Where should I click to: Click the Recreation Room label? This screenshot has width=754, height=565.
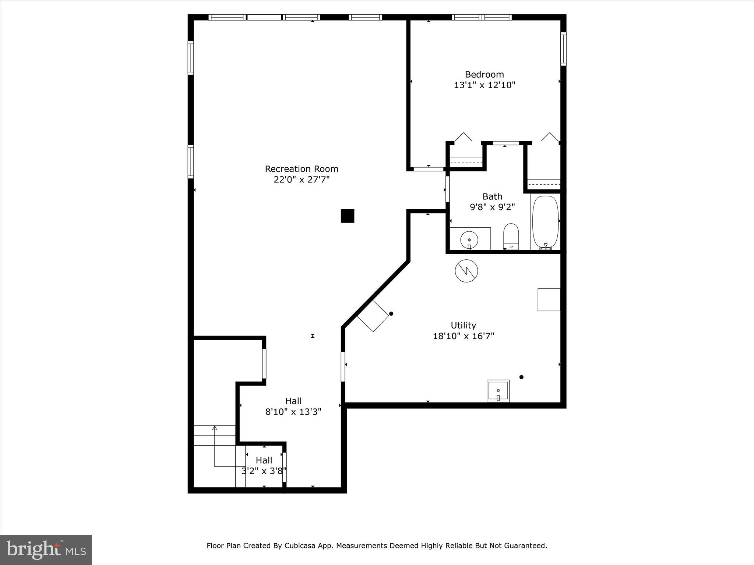pos(301,169)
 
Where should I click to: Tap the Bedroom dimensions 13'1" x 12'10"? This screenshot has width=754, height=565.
pos(484,85)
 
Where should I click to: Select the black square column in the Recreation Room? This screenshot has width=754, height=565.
pos(347,216)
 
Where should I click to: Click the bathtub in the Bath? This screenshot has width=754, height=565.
pos(545,222)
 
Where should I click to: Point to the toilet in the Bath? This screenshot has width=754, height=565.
pos(511,236)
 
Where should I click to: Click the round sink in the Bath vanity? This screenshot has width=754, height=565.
pos(469,240)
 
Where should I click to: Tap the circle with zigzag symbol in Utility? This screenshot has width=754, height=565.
pos(466,271)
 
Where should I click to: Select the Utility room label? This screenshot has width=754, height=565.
pos(463,325)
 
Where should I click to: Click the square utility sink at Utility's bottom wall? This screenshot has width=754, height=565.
pos(498,391)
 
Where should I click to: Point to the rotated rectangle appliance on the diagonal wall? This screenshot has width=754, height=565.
pos(373,316)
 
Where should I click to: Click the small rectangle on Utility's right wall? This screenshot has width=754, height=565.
pos(549,299)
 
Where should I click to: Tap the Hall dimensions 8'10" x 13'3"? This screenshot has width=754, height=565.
pos(293,412)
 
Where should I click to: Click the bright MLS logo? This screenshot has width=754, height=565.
pos(46,550)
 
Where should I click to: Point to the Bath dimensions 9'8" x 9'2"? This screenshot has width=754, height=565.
pos(492,207)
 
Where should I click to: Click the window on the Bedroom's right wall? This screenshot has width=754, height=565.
pos(563,49)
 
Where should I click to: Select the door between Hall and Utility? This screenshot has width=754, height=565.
pos(343,367)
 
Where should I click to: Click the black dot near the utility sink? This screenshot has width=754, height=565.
pos(521,377)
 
